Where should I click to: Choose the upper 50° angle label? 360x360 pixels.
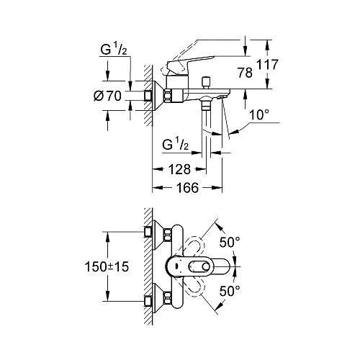[228, 243]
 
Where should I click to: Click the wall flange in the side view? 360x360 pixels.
[152, 94]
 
